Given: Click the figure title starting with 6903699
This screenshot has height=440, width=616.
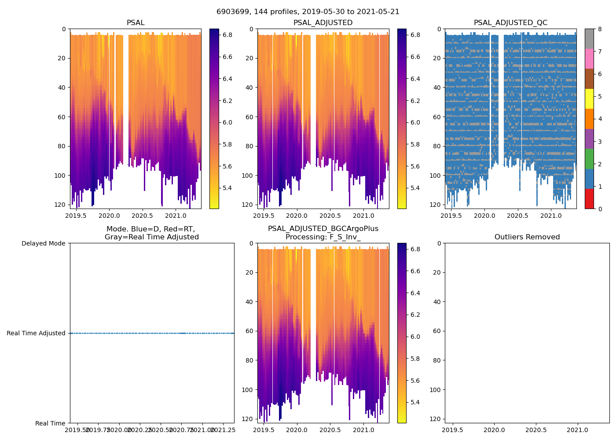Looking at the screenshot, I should point(308,12).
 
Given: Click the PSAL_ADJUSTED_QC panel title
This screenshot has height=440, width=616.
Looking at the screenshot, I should point(510,23).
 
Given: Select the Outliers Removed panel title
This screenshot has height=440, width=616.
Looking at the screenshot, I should point(527,237).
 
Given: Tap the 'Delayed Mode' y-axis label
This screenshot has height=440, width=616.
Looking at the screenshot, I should point(43,243).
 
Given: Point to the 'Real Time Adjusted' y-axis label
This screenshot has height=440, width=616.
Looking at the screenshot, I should point(36,333).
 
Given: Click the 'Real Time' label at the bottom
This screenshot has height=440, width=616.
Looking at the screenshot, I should point(50,423).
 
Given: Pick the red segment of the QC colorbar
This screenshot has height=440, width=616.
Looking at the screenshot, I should point(589,199).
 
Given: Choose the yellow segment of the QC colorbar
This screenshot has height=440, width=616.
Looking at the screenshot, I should point(589,99).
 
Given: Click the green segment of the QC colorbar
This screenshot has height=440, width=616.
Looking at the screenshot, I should point(589,159).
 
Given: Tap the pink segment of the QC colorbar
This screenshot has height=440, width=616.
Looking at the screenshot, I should point(589,59).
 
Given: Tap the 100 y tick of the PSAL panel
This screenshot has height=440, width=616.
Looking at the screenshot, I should point(61,176).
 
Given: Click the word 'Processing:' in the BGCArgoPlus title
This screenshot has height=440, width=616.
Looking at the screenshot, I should point(306,237).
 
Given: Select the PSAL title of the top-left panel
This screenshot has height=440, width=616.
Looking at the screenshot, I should point(136,23).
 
